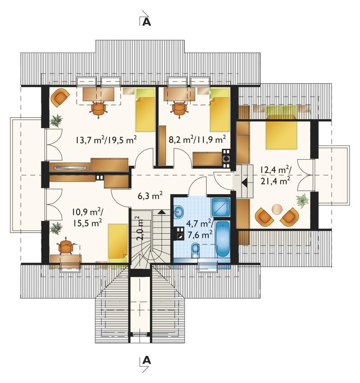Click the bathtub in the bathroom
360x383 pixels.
(x=223, y=239)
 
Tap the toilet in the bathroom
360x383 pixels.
(x=195, y=250)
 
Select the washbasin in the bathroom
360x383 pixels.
(x=179, y=212)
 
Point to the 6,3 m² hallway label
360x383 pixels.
(x=150, y=196)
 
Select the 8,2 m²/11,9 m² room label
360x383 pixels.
(x=197, y=139)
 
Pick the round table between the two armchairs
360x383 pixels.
(x=277, y=209)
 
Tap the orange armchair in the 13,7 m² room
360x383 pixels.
(x=59, y=98)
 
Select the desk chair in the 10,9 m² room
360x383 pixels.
(x=66, y=247)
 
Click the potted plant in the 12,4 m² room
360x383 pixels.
(x=303, y=200)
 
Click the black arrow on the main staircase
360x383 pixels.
(x=161, y=212)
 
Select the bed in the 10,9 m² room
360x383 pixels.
(x=118, y=244)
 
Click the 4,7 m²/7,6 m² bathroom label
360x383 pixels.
(x=199, y=229)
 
